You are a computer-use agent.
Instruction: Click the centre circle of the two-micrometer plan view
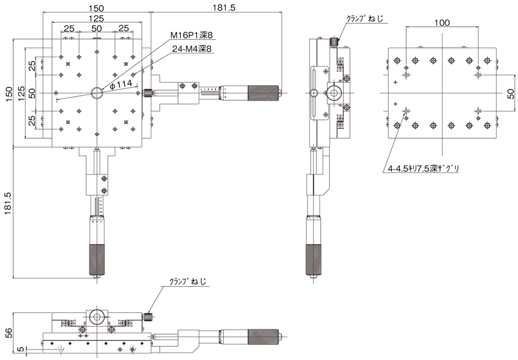[96, 93]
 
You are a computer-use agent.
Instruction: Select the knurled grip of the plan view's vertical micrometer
[96, 259]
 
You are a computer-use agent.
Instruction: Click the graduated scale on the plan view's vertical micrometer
[97, 205]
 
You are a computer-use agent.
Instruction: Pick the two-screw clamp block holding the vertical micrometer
[97, 184]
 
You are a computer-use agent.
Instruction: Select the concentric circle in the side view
[333, 93]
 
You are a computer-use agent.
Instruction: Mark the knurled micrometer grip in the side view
[314, 259]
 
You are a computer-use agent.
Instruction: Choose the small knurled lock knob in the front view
[148, 317]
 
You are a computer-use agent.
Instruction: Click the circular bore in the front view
[96, 317]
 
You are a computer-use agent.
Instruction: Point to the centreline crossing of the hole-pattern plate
[443, 93]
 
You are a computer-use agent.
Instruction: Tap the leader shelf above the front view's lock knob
[185, 287]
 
